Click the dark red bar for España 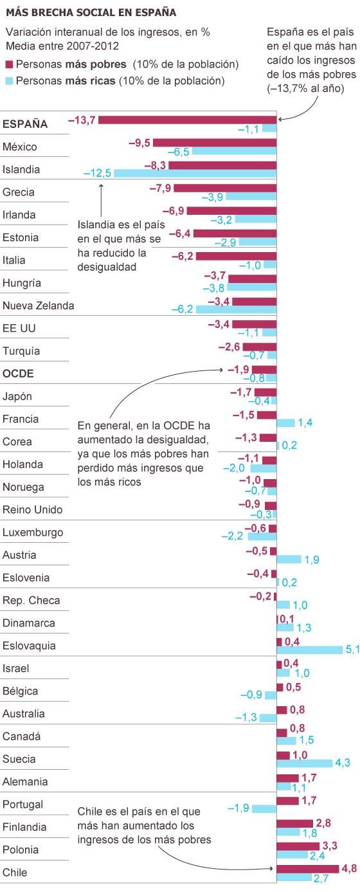[x=187, y=120]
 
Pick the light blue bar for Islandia [x=195, y=173]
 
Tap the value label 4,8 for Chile [x=350, y=868]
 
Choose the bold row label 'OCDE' [x=18, y=374]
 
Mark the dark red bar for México [x=215, y=142]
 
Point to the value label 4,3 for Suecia [x=343, y=763]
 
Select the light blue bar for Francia [x=286, y=423]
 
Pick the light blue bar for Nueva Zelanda [x=236, y=309]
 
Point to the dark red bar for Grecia [x=225, y=188]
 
